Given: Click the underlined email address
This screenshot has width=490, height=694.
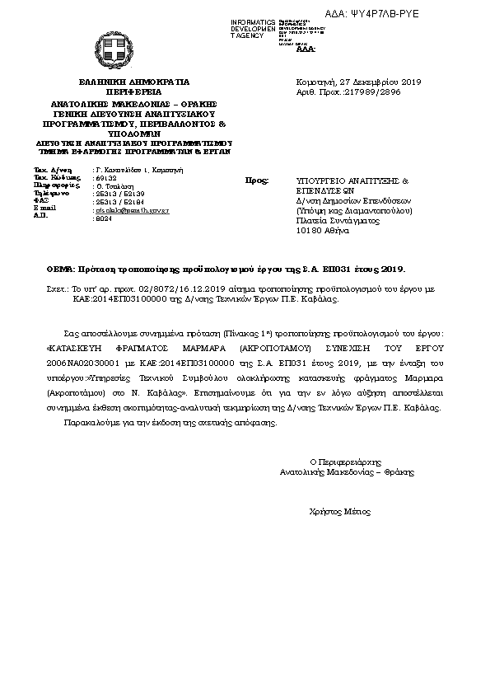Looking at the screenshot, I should tap(133, 210).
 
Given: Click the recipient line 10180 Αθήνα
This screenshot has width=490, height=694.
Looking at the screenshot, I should tap(323, 231).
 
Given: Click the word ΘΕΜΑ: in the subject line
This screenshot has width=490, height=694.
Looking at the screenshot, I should tap(59, 270).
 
